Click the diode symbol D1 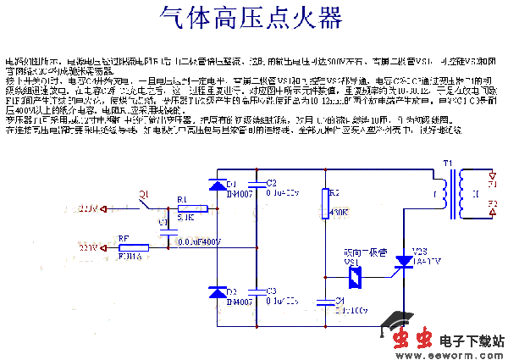click(216, 184)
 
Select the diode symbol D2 click(216, 292)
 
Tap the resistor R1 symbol click(184, 208)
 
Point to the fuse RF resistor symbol click(133, 248)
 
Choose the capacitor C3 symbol click(257, 291)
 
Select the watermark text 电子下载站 click(469, 341)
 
